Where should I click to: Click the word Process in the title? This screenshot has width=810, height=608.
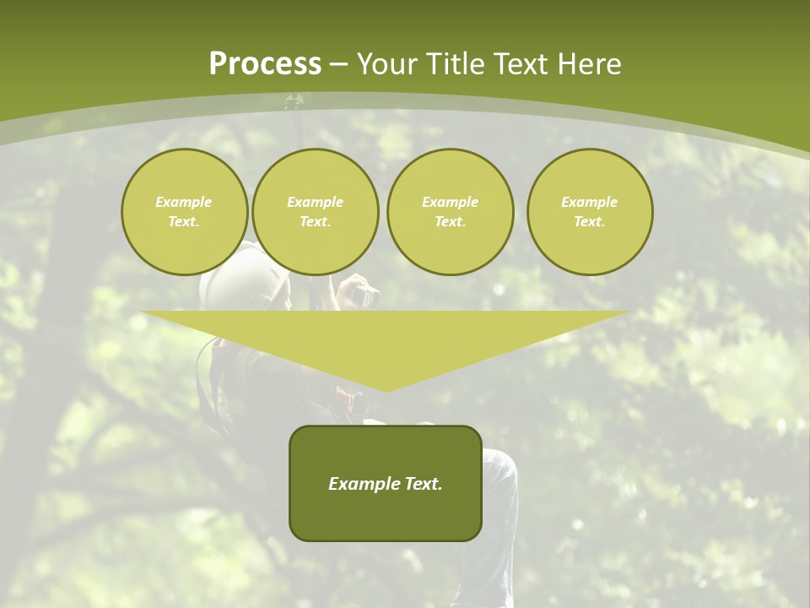click(265, 64)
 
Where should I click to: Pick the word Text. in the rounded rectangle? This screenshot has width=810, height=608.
click(420, 484)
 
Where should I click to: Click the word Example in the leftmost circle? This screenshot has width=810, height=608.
click(184, 202)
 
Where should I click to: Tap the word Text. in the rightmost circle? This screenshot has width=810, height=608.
click(590, 222)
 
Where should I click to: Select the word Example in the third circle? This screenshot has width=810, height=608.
click(450, 202)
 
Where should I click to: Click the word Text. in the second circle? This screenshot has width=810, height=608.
click(315, 222)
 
